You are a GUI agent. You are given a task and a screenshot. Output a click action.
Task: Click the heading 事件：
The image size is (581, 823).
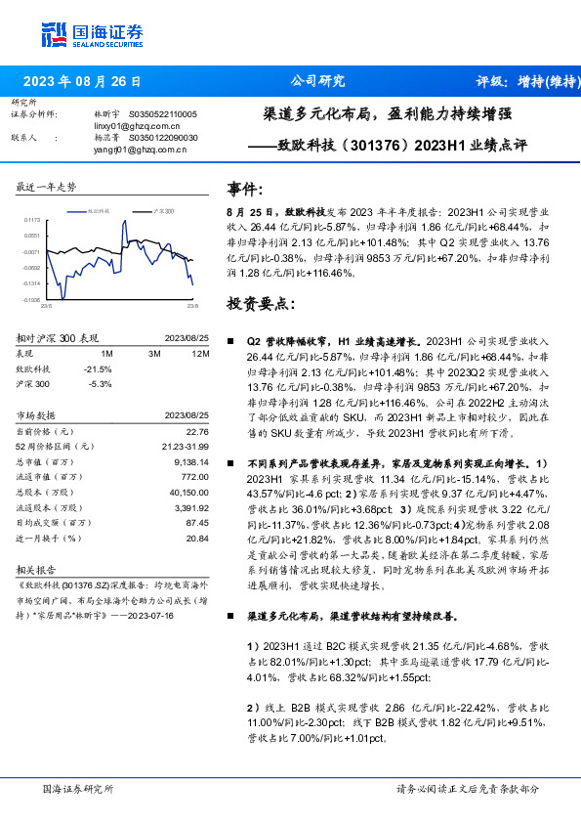coord(244,188)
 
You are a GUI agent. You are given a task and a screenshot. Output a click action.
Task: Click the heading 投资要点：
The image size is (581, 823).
coord(260,304)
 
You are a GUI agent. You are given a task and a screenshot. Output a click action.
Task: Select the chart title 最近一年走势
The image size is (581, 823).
coord(47,187)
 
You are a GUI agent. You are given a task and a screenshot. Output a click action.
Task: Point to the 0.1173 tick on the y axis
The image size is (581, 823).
coord(32,221)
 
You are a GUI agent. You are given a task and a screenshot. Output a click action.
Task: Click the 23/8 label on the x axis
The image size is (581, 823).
coord(192,306)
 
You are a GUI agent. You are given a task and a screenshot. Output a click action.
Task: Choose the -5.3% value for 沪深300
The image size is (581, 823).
coord(99,384)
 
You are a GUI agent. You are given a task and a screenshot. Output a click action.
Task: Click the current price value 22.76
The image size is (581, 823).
coord(196,431)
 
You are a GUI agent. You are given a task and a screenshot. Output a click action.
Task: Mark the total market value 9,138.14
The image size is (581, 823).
coord(188,461)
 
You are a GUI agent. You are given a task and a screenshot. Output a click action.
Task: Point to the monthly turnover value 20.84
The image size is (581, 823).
coord(196,538)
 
